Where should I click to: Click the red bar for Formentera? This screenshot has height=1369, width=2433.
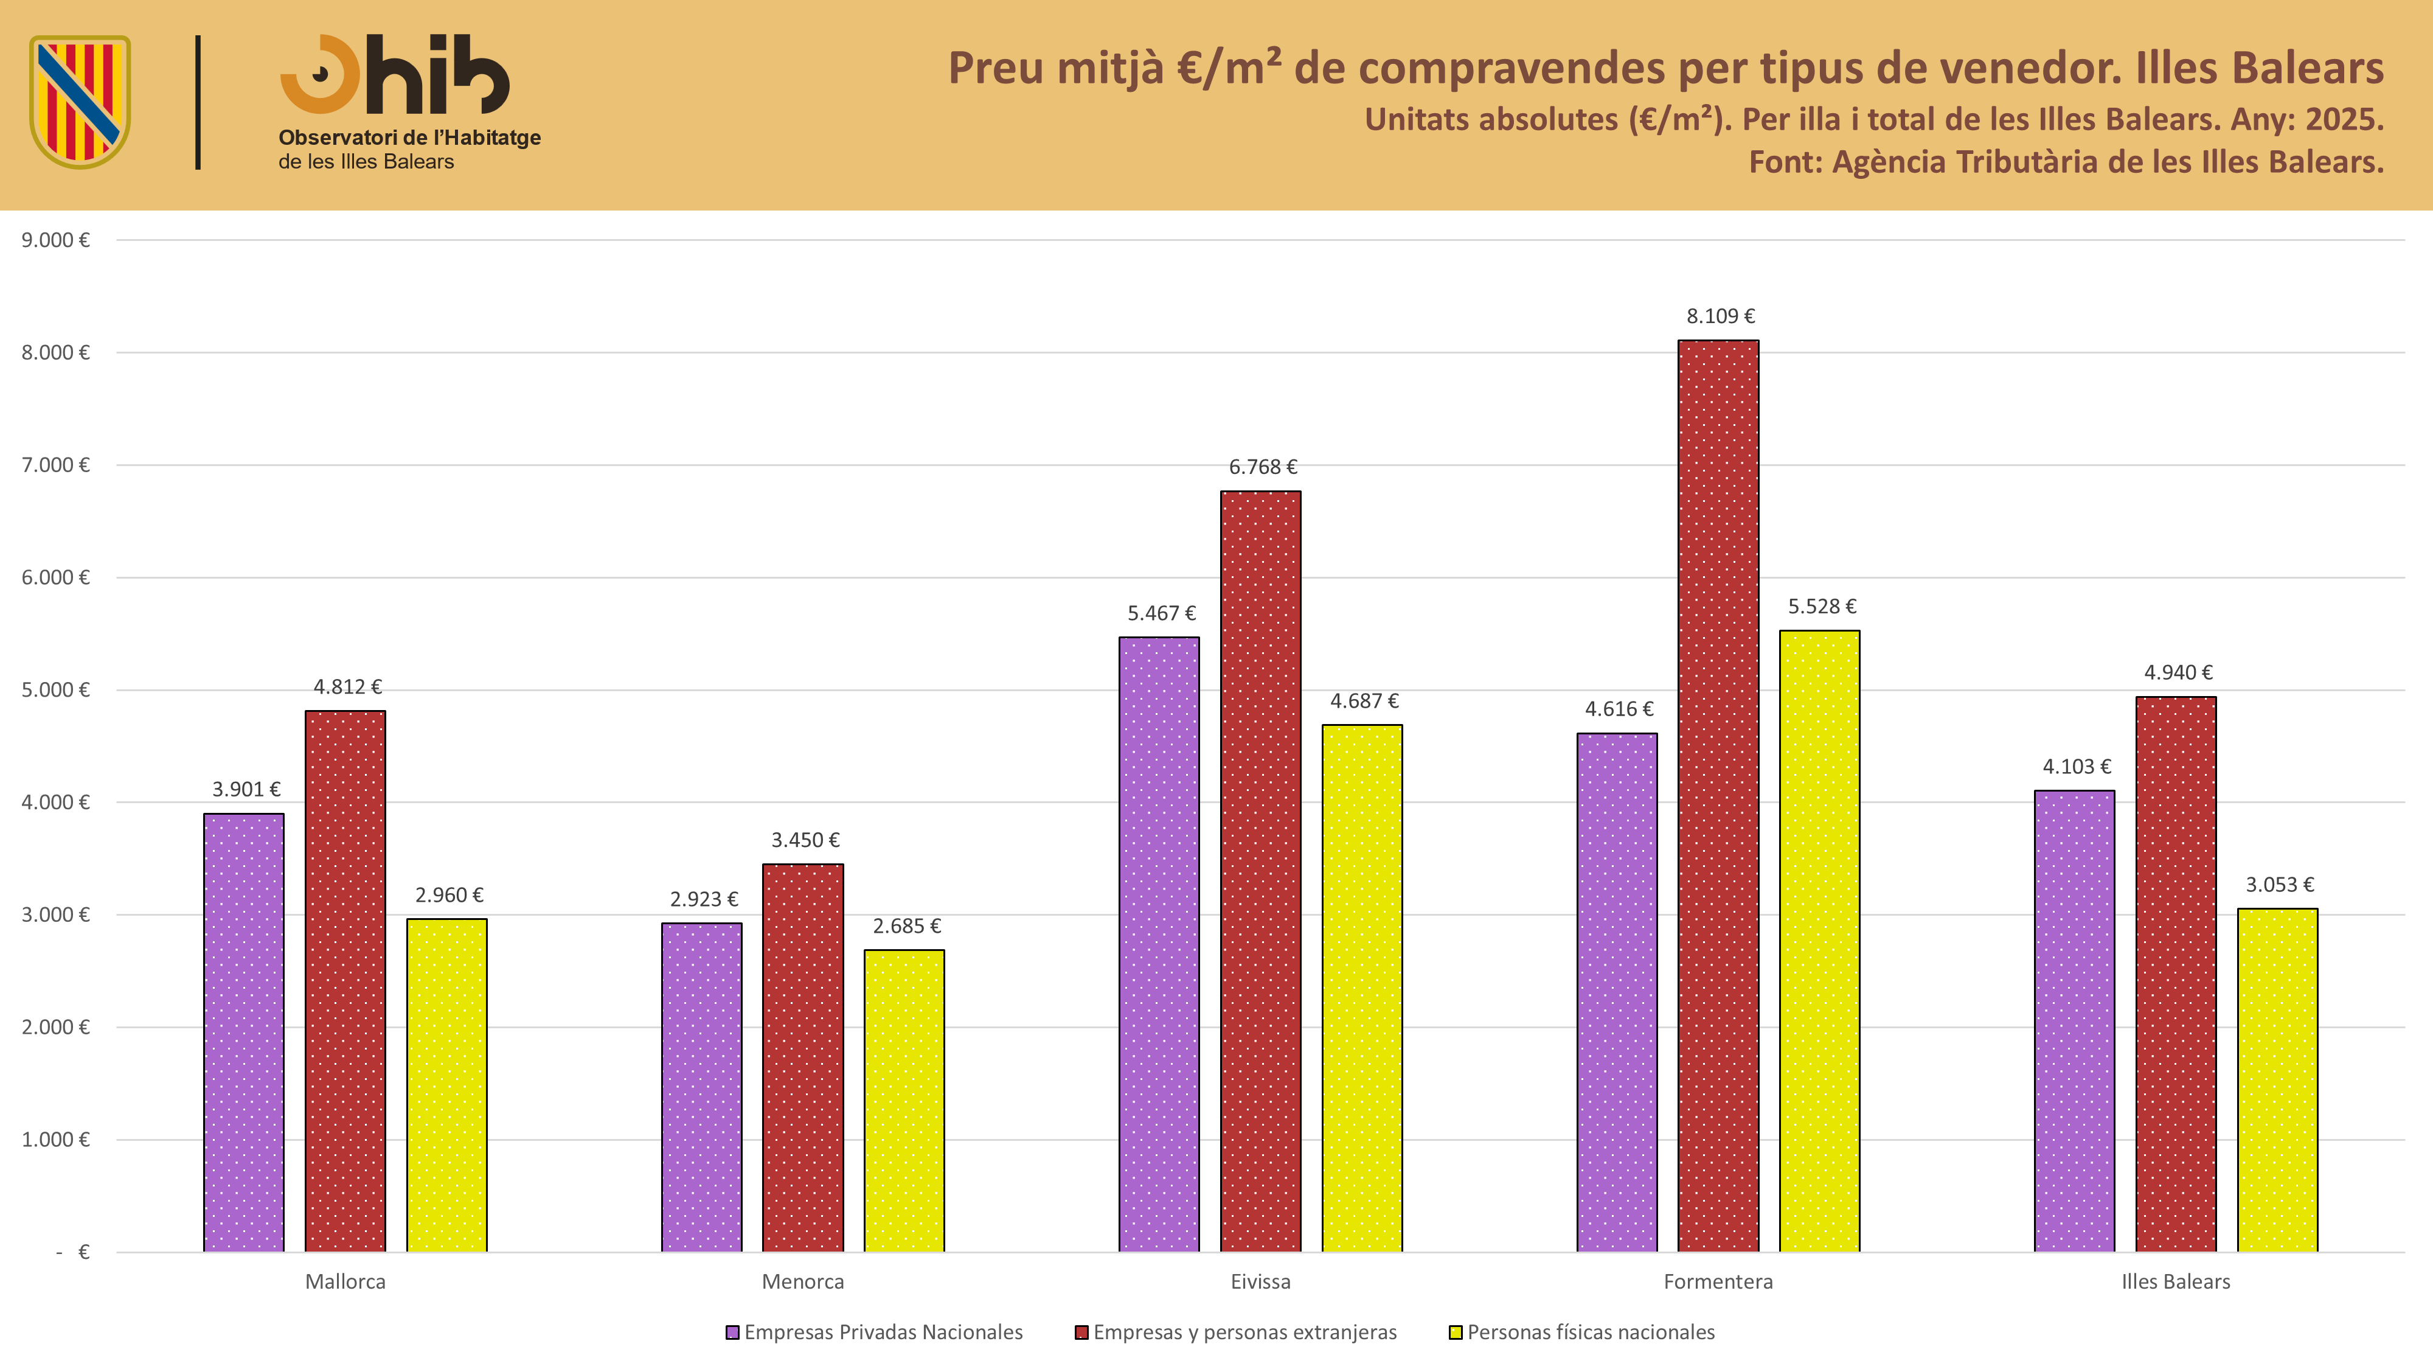tap(1718, 795)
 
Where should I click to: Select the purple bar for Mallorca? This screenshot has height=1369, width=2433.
tap(244, 1033)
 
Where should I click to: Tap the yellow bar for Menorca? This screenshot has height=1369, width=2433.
tap(904, 1101)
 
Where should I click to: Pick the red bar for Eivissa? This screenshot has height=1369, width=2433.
tap(1260, 871)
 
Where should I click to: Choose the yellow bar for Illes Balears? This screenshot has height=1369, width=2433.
tap(2277, 1080)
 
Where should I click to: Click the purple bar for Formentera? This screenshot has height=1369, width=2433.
tap(1617, 992)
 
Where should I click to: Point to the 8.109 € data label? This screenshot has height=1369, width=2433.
tap(1721, 316)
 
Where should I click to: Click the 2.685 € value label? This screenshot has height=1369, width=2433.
tap(907, 927)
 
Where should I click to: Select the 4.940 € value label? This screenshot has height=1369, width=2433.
tap(2178, 673)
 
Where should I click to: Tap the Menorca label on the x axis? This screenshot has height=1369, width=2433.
tap(803, 1282)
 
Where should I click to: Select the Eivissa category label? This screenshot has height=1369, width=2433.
tap(1260, 1282)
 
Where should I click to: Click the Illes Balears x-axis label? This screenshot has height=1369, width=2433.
tap(2176, 1282)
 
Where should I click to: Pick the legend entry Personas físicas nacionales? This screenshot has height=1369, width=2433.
tap(1582, 1332)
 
